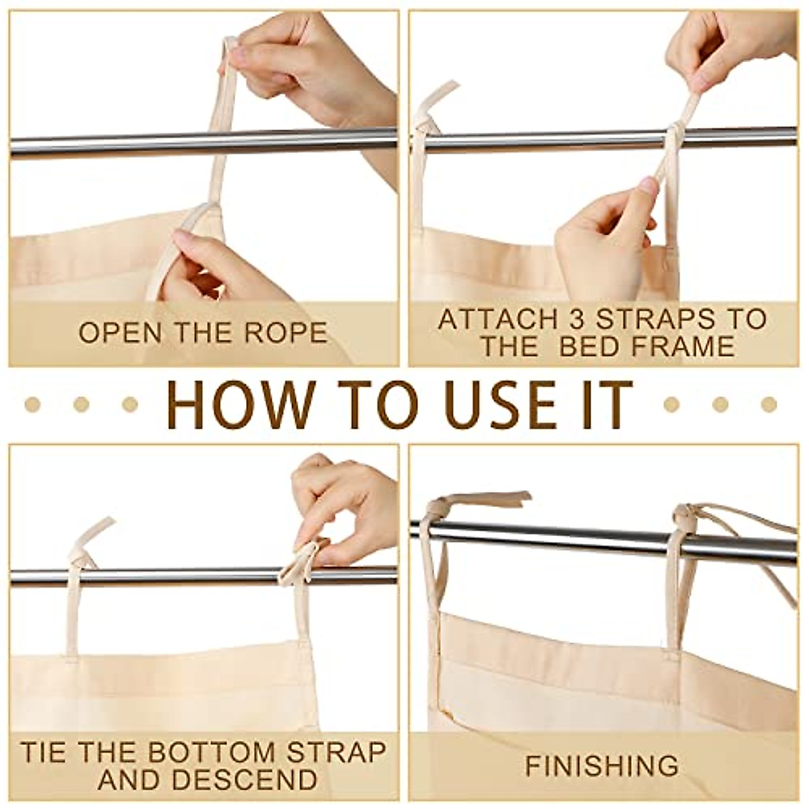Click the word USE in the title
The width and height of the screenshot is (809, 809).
pos(487,404)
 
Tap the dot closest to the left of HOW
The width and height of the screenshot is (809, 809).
pos(129,404)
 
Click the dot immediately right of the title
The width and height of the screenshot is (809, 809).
pos(671,404)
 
